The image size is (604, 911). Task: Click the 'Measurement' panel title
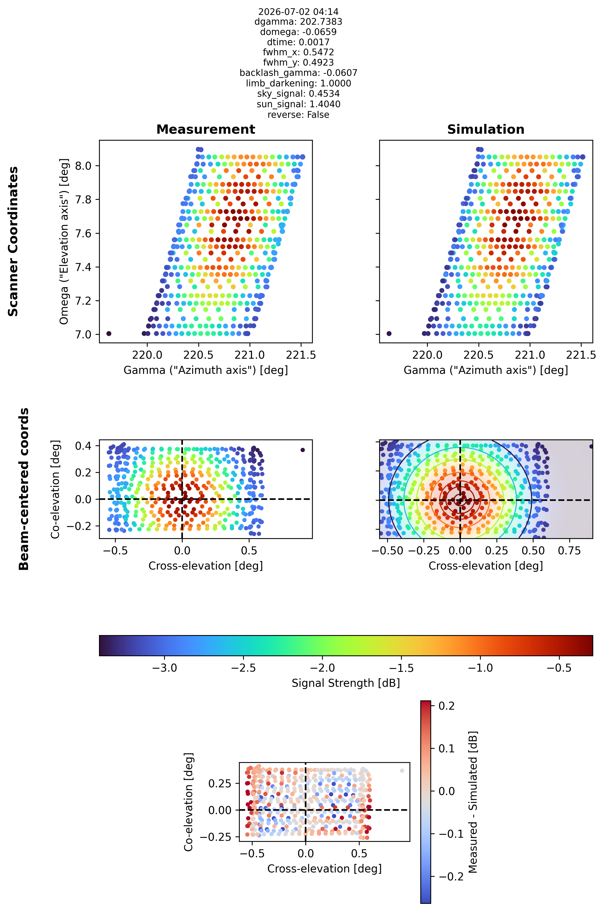point(206,129)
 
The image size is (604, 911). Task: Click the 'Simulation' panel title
point(486,129)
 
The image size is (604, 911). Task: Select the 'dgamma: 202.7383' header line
point(299,22)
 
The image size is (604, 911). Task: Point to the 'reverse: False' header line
point(299,115)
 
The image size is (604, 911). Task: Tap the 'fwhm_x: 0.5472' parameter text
point(299,52)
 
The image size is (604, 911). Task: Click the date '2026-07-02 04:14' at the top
point(299,12)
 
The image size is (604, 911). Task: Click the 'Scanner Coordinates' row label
point(13,241)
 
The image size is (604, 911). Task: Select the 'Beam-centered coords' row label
point(24,489)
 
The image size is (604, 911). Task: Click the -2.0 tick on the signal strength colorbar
point(322,668)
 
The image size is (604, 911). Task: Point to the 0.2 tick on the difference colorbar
point(447,706)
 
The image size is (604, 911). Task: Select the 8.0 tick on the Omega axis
point(83,166)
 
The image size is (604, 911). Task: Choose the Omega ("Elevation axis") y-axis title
point(64,241)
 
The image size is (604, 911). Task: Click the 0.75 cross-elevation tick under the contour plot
point(569,551)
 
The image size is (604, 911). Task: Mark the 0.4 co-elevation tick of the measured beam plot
point(83,446)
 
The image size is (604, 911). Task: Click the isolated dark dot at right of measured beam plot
point(303,450)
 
